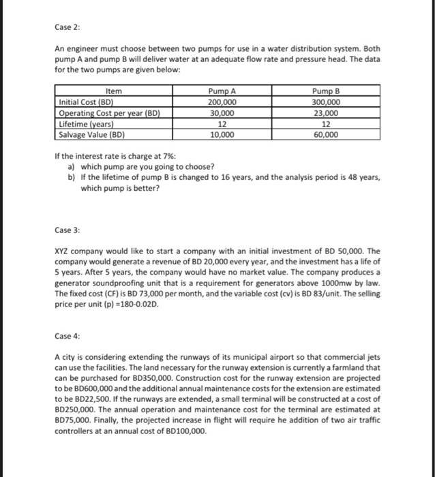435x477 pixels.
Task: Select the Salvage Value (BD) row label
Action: point(88,135)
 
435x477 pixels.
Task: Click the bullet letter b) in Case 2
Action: point(72,177)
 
